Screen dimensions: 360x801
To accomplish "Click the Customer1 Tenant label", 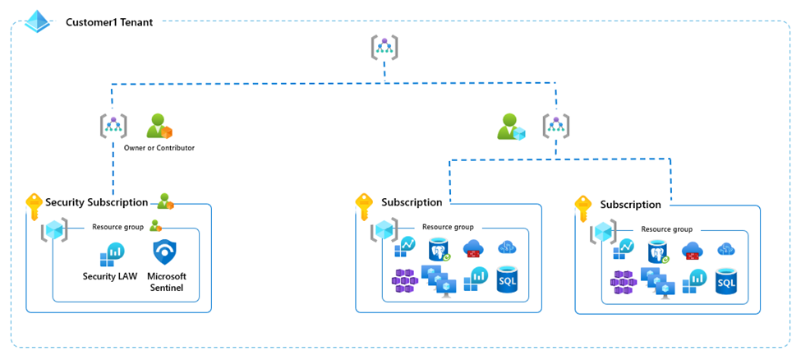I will pyautogui.click(x=108, y=22).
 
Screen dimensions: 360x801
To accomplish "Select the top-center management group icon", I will pyautogui.click(x=384, y=48).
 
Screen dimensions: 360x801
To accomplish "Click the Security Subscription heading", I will pyautogui.click(x=96, y=202).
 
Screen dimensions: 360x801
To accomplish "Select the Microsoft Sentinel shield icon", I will pyautogui.click(x=166, y=254).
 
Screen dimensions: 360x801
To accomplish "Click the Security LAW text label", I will pyautogui.click(x=110, y=276).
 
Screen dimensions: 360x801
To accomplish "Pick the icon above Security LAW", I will pyautogui.click(x=111, y=256).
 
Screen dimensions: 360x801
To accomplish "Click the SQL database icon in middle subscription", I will pyautogui.click(x=509, y=280).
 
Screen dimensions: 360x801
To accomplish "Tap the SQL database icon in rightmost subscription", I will pyautogui.click(x=727, y=282).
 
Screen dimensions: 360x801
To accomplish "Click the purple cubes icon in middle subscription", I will pyautogui.click(x=405, y=281).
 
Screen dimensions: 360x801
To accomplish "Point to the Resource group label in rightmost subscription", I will pyautogui.click(x=666, y=229).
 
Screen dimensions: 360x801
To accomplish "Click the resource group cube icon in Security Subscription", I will pyautogui.click(x=54, y=231).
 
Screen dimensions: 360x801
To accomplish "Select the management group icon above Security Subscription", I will pyautogui.click(x=113, y=126).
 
